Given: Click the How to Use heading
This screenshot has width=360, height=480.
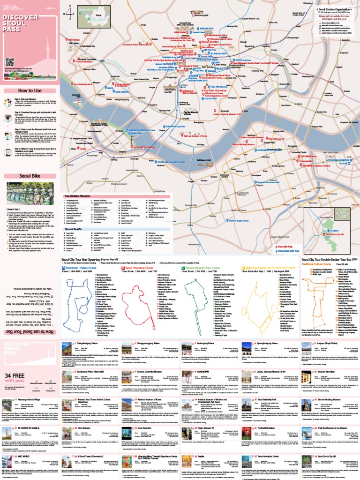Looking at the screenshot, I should tap(29, 90).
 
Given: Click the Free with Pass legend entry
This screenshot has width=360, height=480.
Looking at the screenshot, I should tap(286, 246).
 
